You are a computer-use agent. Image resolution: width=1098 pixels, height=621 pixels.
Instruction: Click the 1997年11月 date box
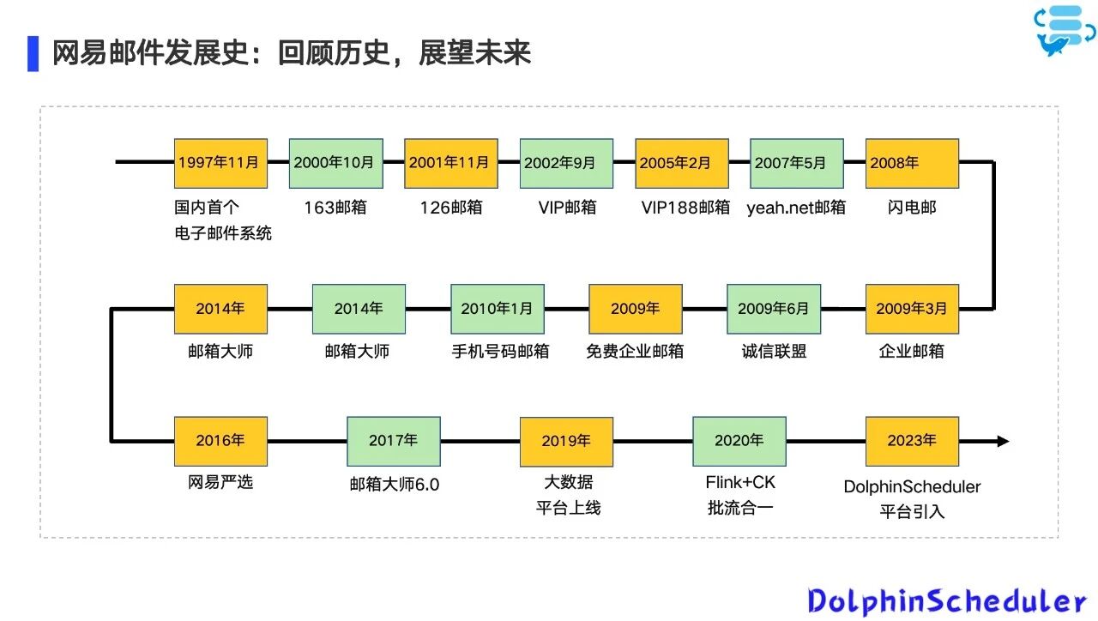(220, 163)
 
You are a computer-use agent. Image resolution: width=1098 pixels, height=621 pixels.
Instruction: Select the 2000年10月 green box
(335, 163)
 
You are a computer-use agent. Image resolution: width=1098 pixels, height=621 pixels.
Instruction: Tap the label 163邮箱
(335, 208)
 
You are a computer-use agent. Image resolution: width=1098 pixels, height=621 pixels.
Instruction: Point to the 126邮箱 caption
(451, 208)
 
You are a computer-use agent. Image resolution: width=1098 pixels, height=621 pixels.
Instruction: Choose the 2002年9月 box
(566, 163)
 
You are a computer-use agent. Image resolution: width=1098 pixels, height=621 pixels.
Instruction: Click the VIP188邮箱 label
(685, 208)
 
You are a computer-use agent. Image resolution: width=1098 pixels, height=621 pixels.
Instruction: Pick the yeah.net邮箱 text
(796, 208)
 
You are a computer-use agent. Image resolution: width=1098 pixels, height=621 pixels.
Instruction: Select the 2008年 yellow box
(912, 163)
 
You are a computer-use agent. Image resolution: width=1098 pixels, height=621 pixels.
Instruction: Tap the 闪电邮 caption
(912, 208)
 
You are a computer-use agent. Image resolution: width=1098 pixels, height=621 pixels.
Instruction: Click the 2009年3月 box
(912, 309)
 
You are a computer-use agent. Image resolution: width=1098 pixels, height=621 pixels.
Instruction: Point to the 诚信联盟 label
(774, 352)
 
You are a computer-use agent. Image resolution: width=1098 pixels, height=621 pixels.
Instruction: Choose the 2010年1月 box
(498, 309)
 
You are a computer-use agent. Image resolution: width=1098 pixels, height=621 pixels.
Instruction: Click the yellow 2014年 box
(220, 309)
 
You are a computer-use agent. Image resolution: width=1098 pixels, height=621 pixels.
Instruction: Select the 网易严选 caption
(220, 483)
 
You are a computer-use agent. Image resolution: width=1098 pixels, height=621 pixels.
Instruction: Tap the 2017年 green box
(394, 441)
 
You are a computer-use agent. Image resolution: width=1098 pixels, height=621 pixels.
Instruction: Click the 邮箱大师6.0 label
(394, 485)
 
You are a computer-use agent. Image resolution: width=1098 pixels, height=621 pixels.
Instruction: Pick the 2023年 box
(912, 441)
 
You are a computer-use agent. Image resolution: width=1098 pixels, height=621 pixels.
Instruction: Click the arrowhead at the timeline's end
(1002, 441)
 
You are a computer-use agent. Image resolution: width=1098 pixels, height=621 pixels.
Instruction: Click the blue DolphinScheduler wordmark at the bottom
(947, 601)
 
